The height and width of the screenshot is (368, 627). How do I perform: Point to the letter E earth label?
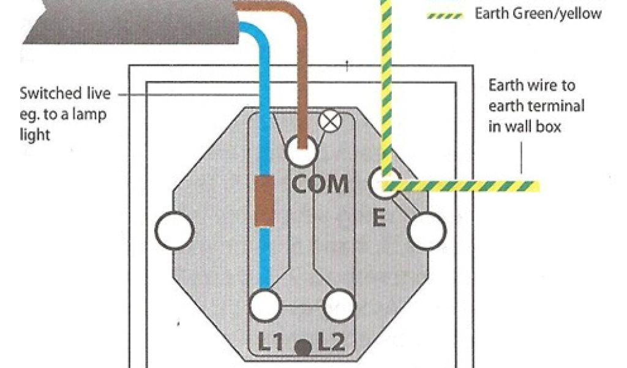[x=379, y=218]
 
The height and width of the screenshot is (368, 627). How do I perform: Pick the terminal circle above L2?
[x=339, y=304]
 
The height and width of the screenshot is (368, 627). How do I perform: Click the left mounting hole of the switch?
[x=174, y=231]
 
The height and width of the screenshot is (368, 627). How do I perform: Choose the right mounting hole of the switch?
[x=427, y=231]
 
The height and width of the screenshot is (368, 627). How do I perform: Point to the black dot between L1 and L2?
[x=301, y=348]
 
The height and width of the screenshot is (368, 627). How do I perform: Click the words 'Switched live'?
[x=65, y=94]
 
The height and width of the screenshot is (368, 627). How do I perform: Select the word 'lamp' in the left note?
[x=94, y=114]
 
